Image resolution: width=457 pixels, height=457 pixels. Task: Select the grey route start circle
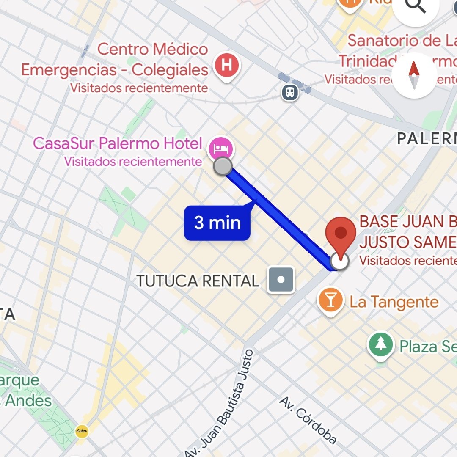click(x=223, y=166)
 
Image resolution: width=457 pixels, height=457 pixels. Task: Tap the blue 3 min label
click(x=217, y=223)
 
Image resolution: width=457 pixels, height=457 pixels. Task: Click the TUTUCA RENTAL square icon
click(x=281, y=280)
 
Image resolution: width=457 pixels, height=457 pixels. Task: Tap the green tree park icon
click(x=381, y=344)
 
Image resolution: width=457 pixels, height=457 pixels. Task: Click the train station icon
click(x=290, y=92)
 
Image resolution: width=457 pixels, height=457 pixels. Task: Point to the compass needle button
click(x=414, y=75)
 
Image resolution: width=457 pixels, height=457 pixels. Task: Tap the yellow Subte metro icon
click(x=82, y=431)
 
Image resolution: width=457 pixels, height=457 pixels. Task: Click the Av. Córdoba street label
click(x=308, y=421)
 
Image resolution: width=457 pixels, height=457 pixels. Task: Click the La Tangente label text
click(x=394, y=302)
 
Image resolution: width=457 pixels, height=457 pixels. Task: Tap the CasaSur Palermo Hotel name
click(x=117, y=143)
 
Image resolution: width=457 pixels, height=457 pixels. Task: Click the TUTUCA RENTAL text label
click(x=198, y=281)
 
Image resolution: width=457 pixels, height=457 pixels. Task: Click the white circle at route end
click(x=339, y=262)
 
